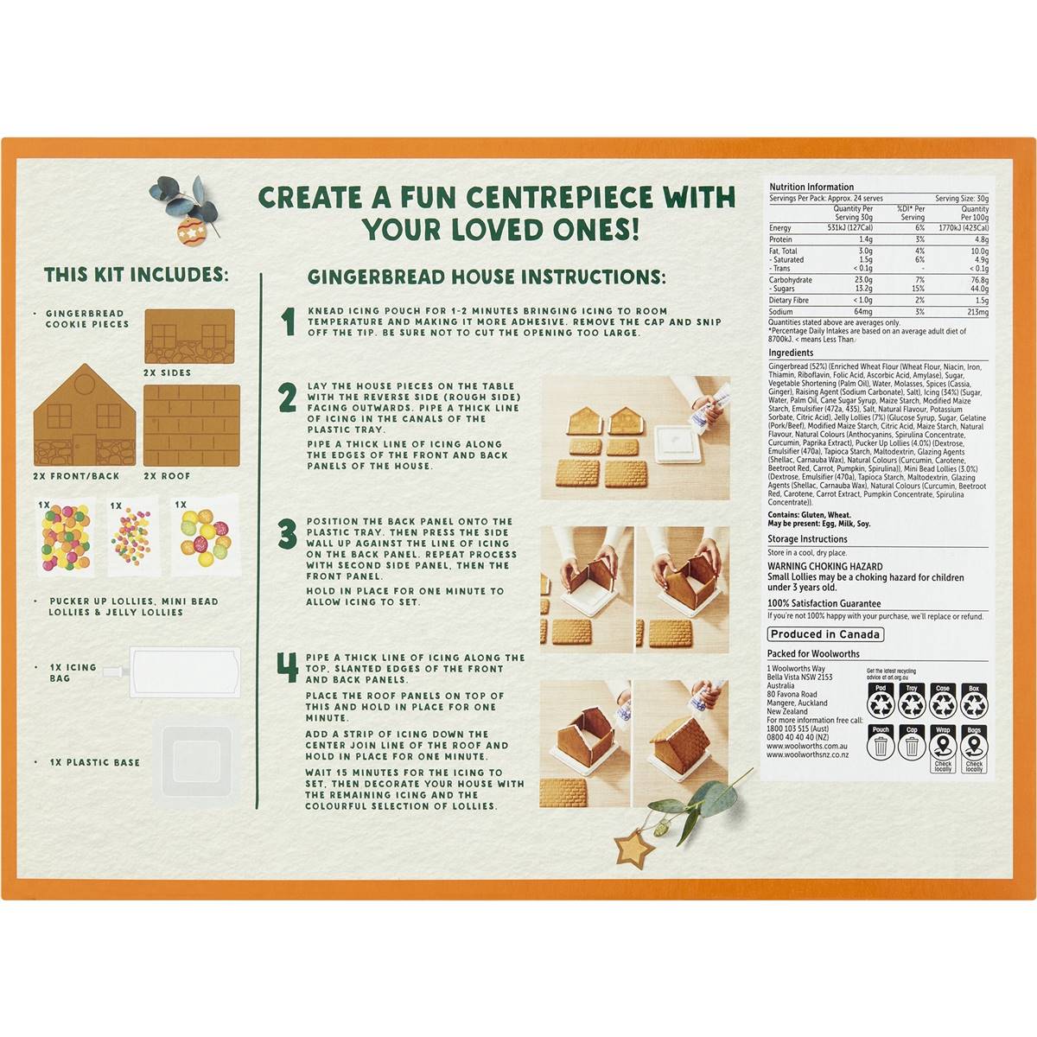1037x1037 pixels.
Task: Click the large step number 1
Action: (289, 321)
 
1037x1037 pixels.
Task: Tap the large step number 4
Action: (288, 668)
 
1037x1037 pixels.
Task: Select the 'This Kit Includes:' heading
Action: (137, 275)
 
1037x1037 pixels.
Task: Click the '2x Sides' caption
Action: (168, 372)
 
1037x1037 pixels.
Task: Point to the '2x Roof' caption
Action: (167, 476)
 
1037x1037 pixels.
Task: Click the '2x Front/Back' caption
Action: (76, 476)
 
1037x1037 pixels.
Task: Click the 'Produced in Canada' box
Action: (825, 634)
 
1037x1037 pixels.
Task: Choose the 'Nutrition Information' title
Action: (811, 187)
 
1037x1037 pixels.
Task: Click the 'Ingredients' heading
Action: (791, 353)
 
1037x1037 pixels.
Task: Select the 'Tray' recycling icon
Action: (912, 702)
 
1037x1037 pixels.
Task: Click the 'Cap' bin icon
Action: (912, 744)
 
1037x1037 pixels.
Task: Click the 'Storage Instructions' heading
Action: (807, 539)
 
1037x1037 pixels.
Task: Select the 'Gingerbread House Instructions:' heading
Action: (487, 277)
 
